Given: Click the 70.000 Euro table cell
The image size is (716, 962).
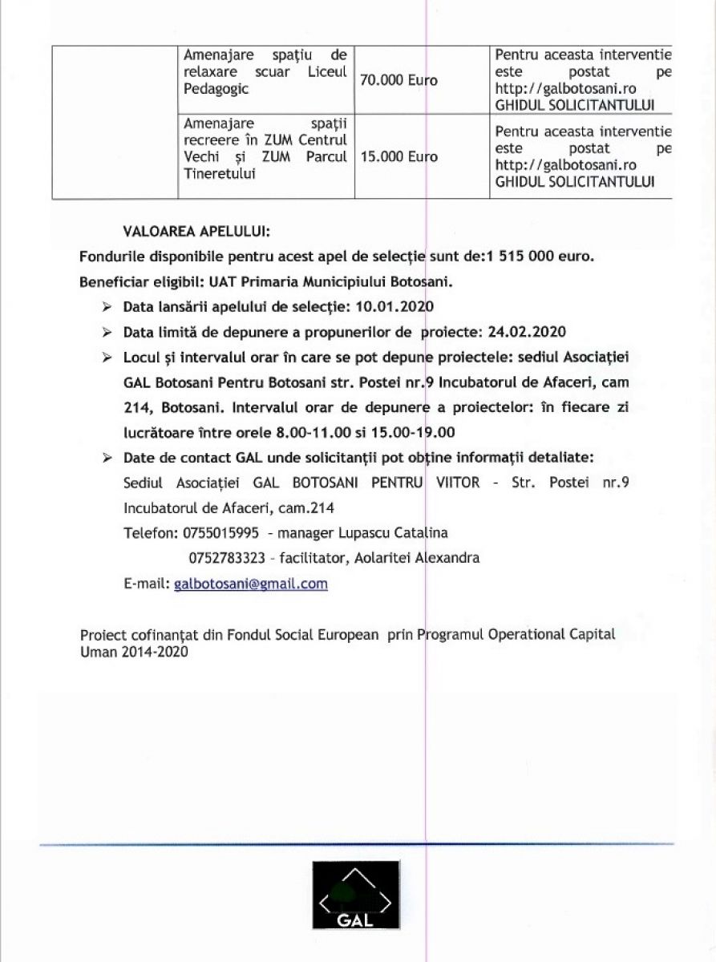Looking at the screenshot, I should [x=399, y=81].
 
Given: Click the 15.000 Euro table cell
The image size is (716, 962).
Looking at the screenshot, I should [x=399, y=157].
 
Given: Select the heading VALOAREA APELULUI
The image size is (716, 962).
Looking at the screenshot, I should [x=196, y=232].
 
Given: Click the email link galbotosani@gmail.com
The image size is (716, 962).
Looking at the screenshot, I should [x=250, y=584].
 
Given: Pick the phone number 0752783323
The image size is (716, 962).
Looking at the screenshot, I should [x=226, y=558].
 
